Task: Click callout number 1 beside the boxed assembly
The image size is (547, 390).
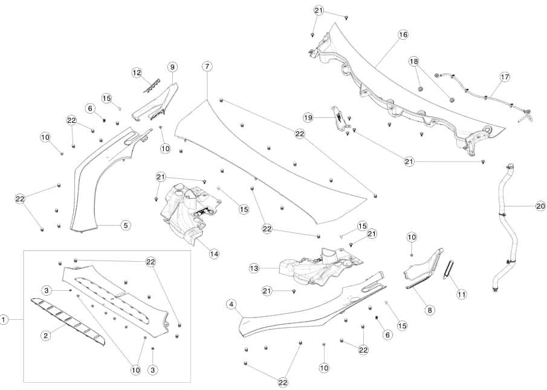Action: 4,319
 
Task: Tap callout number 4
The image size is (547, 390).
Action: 231,304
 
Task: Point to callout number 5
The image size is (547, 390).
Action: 125,225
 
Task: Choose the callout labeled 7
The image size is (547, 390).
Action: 207,65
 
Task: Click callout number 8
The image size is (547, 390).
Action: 430,310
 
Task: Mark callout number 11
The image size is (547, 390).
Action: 462,294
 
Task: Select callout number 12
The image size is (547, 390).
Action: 137,73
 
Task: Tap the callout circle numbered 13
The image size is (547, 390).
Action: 254,267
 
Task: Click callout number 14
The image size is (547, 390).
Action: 214,253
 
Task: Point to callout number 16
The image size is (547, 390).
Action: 403,35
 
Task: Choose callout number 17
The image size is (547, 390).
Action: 505,77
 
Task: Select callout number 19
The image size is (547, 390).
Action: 308,117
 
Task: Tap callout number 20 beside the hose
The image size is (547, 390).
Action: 540,206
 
